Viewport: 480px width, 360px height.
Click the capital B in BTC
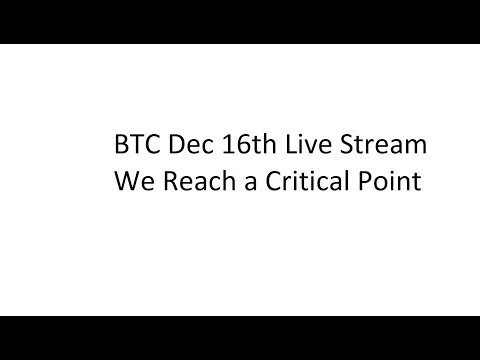(x=122, y=145)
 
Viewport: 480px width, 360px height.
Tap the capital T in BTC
(x=136, y=145)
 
